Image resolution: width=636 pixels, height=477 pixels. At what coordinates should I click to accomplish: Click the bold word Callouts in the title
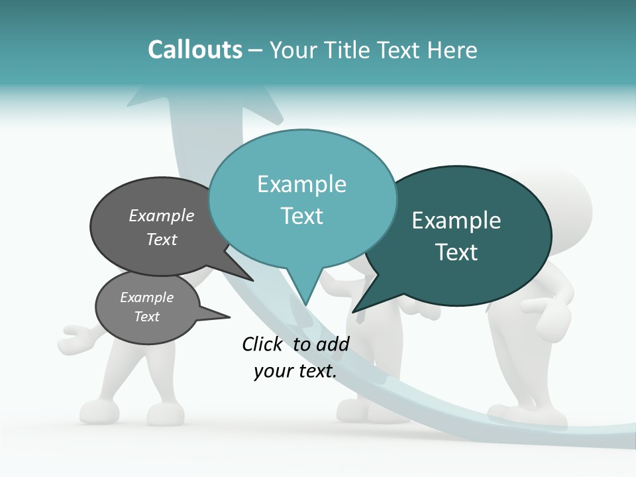195,50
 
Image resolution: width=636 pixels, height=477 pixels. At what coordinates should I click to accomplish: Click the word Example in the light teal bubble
301,184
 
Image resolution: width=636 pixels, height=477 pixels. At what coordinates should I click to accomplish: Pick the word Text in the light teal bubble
301,216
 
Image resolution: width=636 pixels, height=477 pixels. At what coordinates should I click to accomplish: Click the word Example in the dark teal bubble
456,221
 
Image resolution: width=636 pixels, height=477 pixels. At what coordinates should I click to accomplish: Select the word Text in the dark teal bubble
456,252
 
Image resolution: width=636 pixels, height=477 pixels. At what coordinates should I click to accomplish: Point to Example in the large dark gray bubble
161,216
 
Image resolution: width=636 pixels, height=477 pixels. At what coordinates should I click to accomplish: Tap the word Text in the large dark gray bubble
161,240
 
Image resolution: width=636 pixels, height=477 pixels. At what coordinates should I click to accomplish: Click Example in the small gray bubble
146,297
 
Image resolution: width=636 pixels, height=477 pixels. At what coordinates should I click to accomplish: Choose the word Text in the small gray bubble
146,317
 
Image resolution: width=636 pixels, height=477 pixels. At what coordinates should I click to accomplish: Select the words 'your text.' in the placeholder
295,372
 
